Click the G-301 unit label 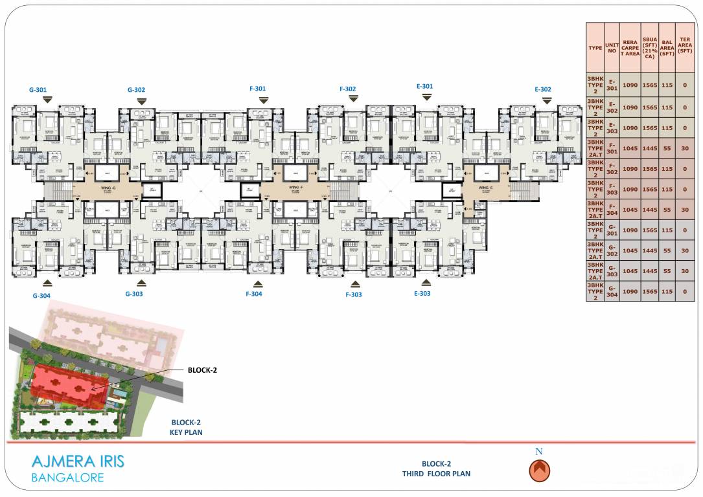coord(38,90)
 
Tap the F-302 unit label coord(347,89)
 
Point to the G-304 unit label coord(41,295)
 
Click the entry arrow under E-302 coord(547,100)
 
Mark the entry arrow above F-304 coord(258,283)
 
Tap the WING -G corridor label coord(108,188)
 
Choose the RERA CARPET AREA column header coord(630,48)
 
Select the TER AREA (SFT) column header coord(685,48)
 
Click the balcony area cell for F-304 coord(667,209)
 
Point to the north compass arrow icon coord(539,470)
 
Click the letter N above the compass coord(539,451)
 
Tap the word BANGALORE coord(67,478)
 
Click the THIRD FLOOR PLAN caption coord(436,474)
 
